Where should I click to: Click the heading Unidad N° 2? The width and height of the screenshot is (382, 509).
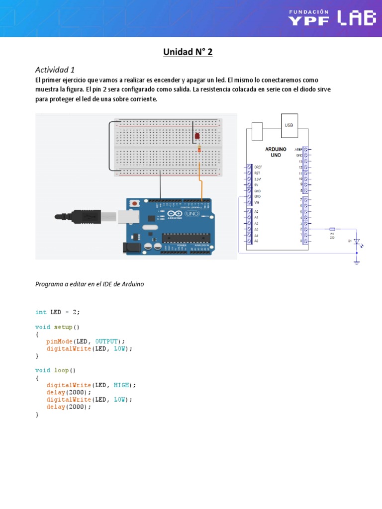pos(188,52)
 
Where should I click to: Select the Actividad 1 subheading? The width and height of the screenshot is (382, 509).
pos(55,70)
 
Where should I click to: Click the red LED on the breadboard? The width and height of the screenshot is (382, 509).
pos(197,136)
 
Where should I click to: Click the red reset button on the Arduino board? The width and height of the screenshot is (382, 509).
pos(135,203)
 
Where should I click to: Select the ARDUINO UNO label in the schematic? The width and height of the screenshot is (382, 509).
pos(276,152)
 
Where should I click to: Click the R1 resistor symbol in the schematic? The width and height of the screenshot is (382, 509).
pos(332,230)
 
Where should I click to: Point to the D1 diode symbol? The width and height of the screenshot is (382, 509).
pos(356,242)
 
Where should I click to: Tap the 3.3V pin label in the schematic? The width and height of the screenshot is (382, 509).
pos(257,178)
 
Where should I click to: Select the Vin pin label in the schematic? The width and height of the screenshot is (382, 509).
pos(256,202)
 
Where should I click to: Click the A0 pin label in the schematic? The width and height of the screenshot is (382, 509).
pos(256,212)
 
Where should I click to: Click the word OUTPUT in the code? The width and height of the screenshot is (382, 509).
pos(107,341)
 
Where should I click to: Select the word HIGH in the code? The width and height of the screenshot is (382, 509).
pos(122,385)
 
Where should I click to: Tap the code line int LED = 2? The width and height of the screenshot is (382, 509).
pos(57,312)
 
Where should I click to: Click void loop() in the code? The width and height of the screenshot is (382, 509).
pos(55,370)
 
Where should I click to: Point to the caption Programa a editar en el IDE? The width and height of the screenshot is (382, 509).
pos(90,284)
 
